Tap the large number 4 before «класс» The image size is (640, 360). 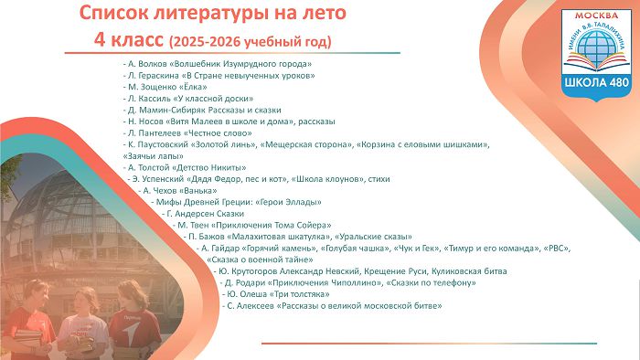point(99,40)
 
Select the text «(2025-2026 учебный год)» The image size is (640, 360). point(250,42)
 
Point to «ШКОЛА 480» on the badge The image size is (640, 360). point(597,82)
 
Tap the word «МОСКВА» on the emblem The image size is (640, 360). point(596,16)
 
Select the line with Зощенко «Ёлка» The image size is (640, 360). point(165,87)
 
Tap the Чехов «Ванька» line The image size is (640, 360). point(177,190)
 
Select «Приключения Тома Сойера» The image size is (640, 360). point(271,225)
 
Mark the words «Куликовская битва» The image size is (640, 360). point(469,271)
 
